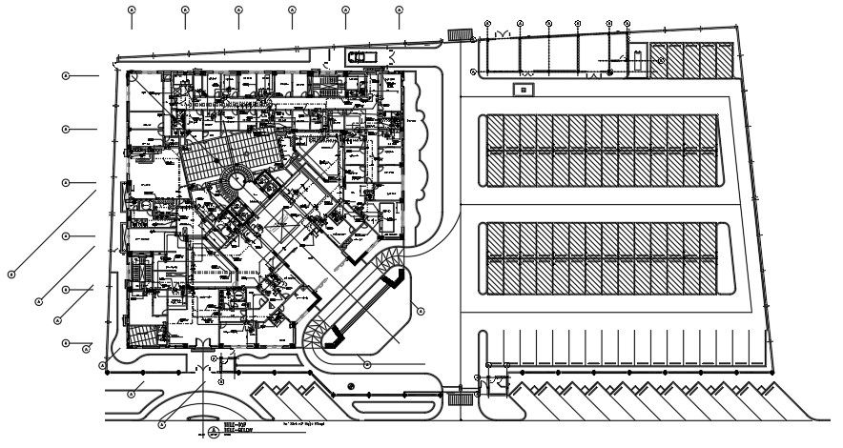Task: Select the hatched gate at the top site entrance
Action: point(461,34)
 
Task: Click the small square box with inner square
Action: point(524,90)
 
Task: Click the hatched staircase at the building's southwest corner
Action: point(141,336)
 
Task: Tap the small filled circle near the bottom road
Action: point(352,386)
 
